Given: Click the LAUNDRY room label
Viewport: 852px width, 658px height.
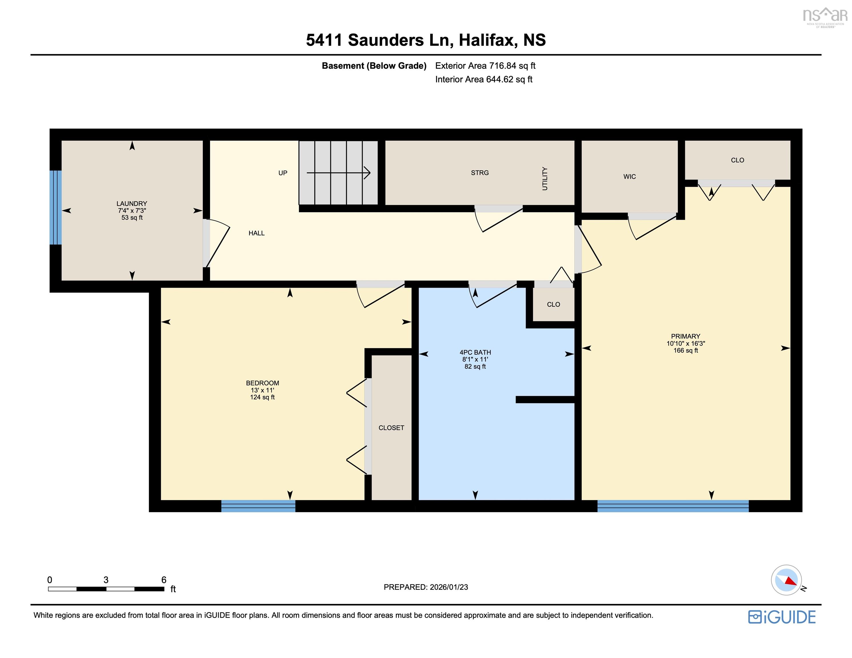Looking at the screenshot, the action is [132, 204].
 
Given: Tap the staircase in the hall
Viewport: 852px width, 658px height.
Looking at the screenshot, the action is [338, 172].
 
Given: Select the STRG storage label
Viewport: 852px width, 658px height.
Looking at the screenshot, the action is [480, 173].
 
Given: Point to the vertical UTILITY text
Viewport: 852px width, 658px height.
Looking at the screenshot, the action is [545, 179].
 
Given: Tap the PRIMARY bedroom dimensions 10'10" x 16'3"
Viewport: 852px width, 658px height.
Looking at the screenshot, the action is [686, 344].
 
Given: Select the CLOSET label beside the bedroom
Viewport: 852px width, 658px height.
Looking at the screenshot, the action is [391, 428].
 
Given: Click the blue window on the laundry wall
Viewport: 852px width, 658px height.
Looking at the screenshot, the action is [56, 208].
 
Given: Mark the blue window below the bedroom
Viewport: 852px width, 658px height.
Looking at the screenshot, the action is [258, 506].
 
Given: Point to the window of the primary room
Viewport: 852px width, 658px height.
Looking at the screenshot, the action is [673, 506].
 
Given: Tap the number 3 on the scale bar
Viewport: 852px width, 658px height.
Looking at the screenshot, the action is [106, 580].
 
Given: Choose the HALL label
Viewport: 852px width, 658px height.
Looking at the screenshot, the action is [257, 233].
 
